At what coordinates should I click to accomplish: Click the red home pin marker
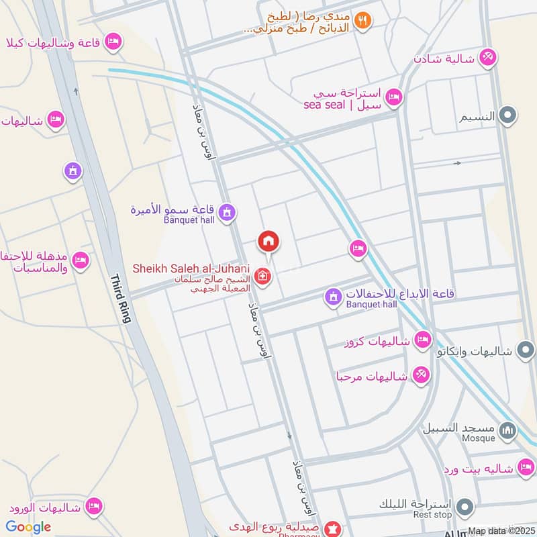click(268, 241)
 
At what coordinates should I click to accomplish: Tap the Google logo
click(29, 527)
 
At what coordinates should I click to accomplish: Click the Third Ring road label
click(119, 299)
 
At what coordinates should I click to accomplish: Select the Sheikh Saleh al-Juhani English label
click(191, 268)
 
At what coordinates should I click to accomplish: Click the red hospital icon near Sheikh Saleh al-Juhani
click(263, 276)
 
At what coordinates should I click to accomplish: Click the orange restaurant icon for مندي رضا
click(363, 21)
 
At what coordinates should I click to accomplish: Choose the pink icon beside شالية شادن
click(488, 58)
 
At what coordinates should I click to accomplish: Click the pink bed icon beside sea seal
click(394, 98)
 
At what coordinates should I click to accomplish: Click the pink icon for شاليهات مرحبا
click(421, 376)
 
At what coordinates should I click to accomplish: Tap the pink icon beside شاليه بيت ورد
click(526, 467)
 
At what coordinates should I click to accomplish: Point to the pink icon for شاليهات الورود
click(94, 505)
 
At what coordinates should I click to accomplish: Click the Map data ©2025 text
click(501, 531)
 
